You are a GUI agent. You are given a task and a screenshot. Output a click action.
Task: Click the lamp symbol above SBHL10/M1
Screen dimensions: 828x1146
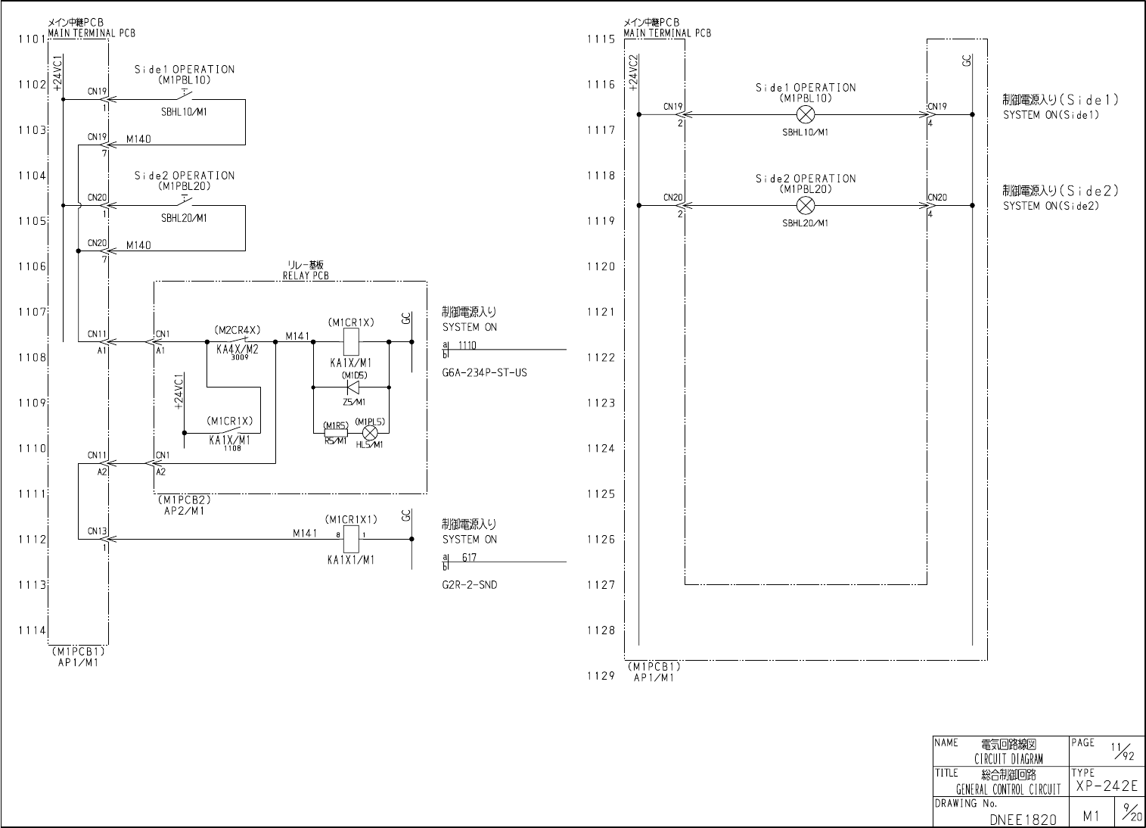click(806, 115)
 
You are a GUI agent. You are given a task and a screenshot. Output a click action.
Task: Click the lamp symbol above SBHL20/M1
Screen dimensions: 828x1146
click(806, 205)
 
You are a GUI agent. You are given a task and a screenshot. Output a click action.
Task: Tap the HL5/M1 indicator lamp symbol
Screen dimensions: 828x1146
click(370, 433)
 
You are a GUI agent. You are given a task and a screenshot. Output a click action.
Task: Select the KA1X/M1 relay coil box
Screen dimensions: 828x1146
click(351, 342)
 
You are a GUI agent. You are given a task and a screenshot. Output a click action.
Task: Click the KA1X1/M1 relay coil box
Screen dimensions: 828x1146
click(351, 540)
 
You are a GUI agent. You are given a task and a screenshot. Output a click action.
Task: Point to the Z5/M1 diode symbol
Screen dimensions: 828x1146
click(352, 388)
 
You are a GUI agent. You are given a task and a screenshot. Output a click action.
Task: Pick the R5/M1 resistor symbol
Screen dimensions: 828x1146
click(335, 433)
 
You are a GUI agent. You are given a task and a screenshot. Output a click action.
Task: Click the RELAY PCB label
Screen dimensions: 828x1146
click(306, 276)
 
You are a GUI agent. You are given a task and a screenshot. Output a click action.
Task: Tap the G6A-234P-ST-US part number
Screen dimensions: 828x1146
click(485, 373)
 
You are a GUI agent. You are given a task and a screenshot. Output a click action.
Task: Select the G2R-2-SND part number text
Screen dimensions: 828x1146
click(470, 585)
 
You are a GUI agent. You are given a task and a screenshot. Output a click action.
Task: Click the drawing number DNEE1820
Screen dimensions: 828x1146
click(1023, 819)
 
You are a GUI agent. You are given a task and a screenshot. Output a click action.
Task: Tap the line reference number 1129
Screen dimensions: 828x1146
click(601, 676)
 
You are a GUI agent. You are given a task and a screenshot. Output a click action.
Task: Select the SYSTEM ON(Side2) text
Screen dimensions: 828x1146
click(1051, 206)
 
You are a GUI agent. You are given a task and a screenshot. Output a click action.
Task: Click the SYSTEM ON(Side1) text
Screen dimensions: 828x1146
click(1051, 115)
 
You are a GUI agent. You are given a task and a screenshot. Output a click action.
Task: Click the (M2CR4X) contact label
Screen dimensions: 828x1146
click(237, 330)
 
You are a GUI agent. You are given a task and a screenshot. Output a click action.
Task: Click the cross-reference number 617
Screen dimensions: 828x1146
click(469, 558)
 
